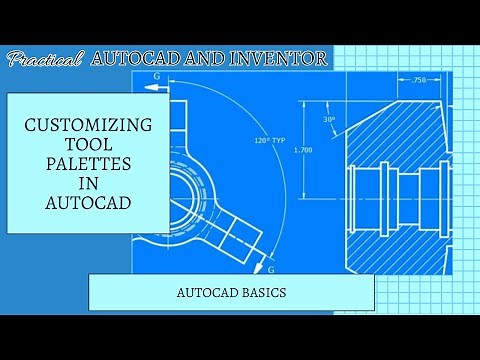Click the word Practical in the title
point(45,60)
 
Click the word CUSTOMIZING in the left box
point(88,126)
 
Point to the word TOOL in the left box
point(88,145)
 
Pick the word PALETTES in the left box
point(88,163)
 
